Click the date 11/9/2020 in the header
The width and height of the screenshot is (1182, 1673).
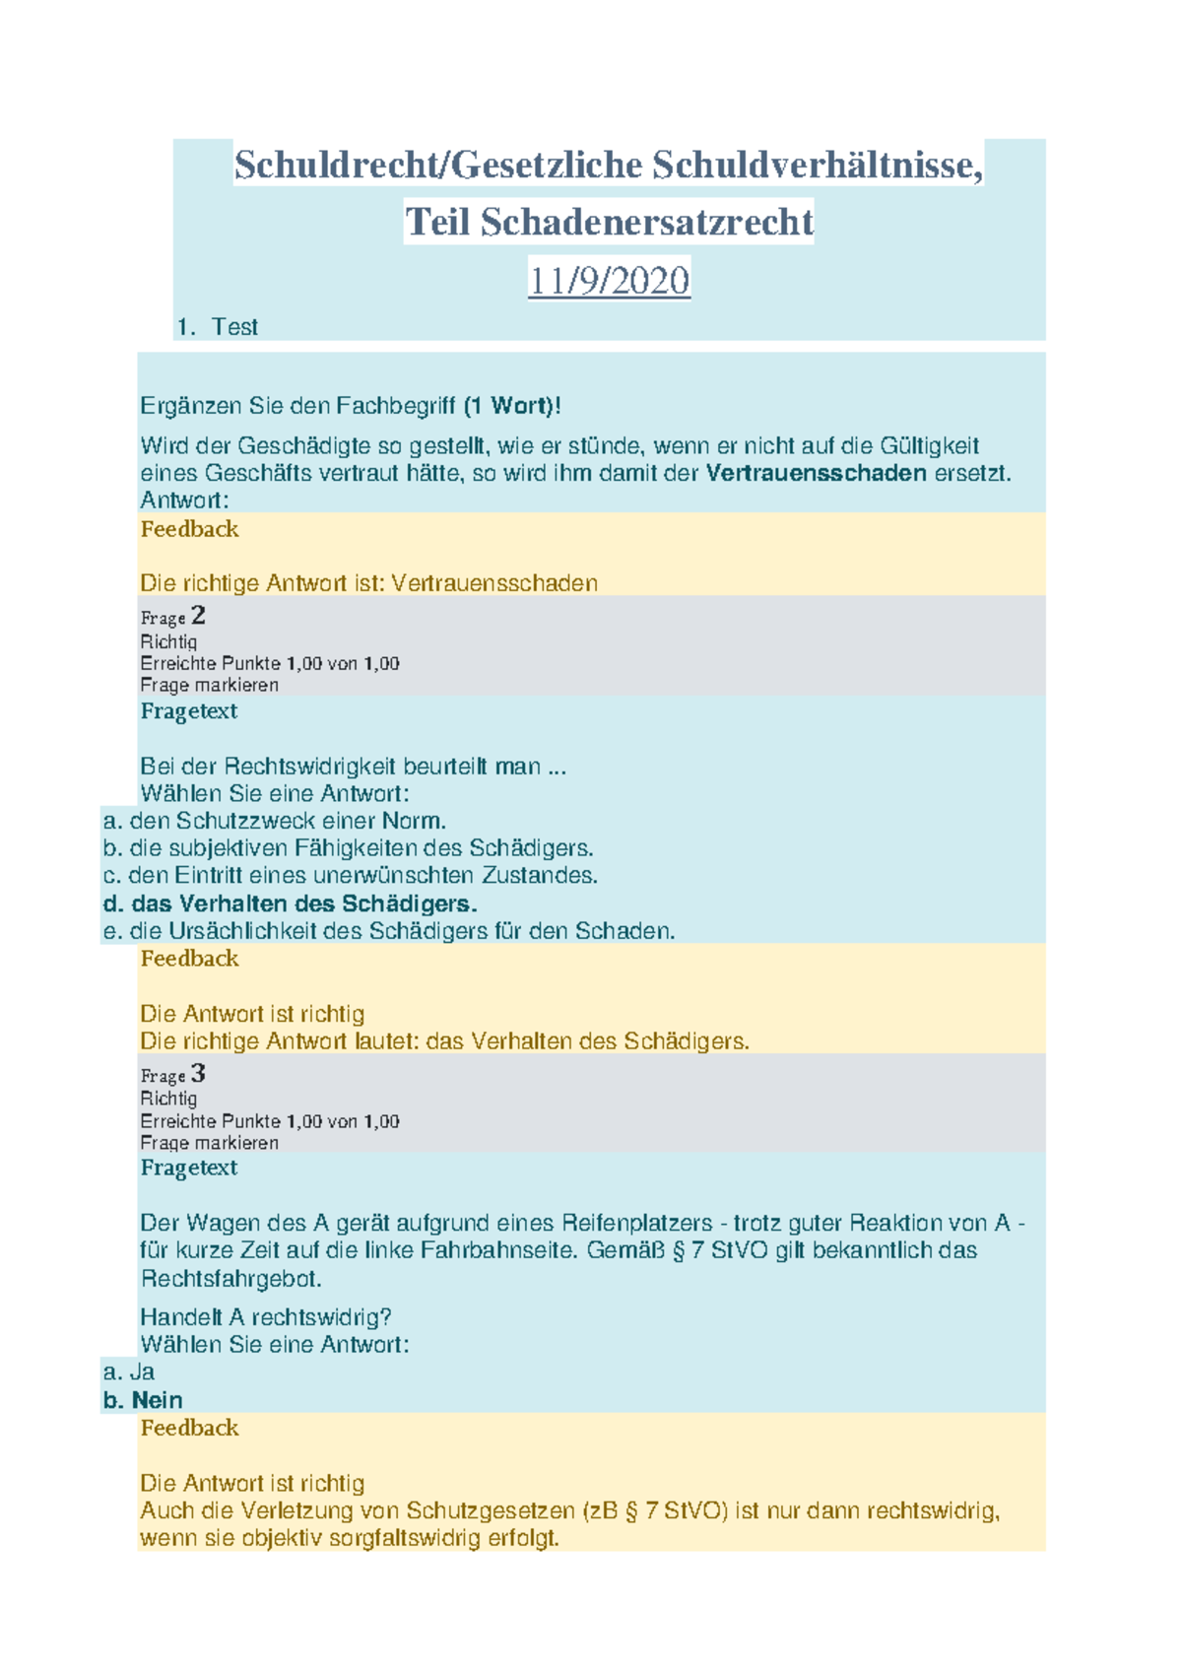(609, 281)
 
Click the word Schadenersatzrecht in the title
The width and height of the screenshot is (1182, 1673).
(646, 223)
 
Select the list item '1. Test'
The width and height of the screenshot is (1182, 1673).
(218, 327)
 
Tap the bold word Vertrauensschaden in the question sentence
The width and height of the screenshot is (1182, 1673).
(817, 473)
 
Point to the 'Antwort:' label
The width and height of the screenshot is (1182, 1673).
(184, 501)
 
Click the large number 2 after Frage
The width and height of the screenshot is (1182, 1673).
(198, 616)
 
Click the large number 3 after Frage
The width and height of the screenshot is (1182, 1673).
(198, 1073)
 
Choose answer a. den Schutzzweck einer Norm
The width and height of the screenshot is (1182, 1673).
(275, 821)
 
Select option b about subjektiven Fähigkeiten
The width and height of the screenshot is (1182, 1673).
(348, 848)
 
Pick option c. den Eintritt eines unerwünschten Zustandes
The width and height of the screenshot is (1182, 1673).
(350, 875)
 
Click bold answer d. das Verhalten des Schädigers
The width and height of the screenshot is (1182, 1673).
(291, 903)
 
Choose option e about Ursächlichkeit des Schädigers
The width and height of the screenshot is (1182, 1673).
(389, 931)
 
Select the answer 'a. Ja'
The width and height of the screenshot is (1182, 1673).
(129, 1372)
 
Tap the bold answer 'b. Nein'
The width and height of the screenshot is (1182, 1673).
(143, 1400)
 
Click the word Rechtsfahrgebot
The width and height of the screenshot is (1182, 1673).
(231, 1279)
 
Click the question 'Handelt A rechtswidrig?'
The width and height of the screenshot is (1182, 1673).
(266, 1317)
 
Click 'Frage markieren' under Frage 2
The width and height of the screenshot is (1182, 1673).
(209, 685)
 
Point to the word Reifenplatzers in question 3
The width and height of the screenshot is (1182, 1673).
(636, 1223)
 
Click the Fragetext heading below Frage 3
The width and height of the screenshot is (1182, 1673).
(189, 1168)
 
